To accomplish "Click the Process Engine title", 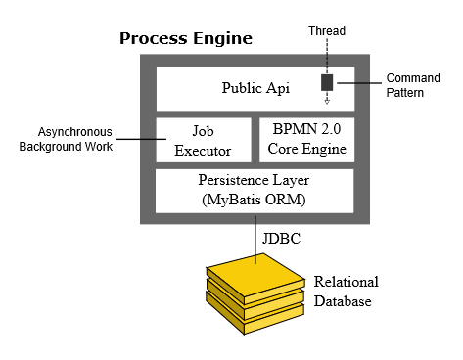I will point(186,39).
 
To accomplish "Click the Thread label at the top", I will point(327,31).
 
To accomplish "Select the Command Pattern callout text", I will point(412,85).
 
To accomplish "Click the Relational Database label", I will point(346,292).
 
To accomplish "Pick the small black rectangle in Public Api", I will point(327,82).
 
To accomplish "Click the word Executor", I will point(204,151).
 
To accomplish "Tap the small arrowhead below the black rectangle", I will point(327,100).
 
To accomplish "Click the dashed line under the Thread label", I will point(327,55).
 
